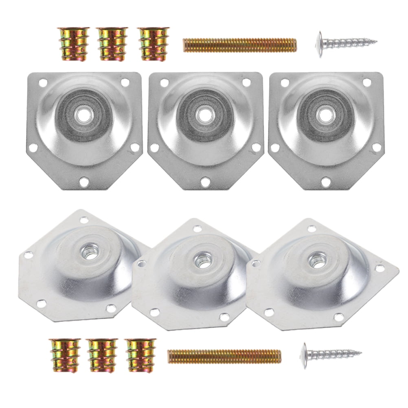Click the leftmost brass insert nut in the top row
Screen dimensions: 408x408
click(x=74, y=44)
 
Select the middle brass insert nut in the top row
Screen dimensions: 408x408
click(x=112, y=44)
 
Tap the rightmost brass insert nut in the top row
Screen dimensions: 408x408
click(x=153, y=44)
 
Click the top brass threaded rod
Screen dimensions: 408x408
click(x=240, y=45)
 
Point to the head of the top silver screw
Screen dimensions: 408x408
click(x=320, y=44)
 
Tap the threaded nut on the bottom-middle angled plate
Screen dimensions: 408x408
click(x=202, y=258)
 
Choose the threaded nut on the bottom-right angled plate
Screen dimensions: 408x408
click(x=316, y=258)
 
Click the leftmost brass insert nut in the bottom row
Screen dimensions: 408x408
click(x=65, y=355)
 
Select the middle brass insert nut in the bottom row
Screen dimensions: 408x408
click(x=103, y=355)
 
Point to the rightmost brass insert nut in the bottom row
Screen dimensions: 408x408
click(x=140, y=355)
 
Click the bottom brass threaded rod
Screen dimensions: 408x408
click(x=224, y=356)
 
